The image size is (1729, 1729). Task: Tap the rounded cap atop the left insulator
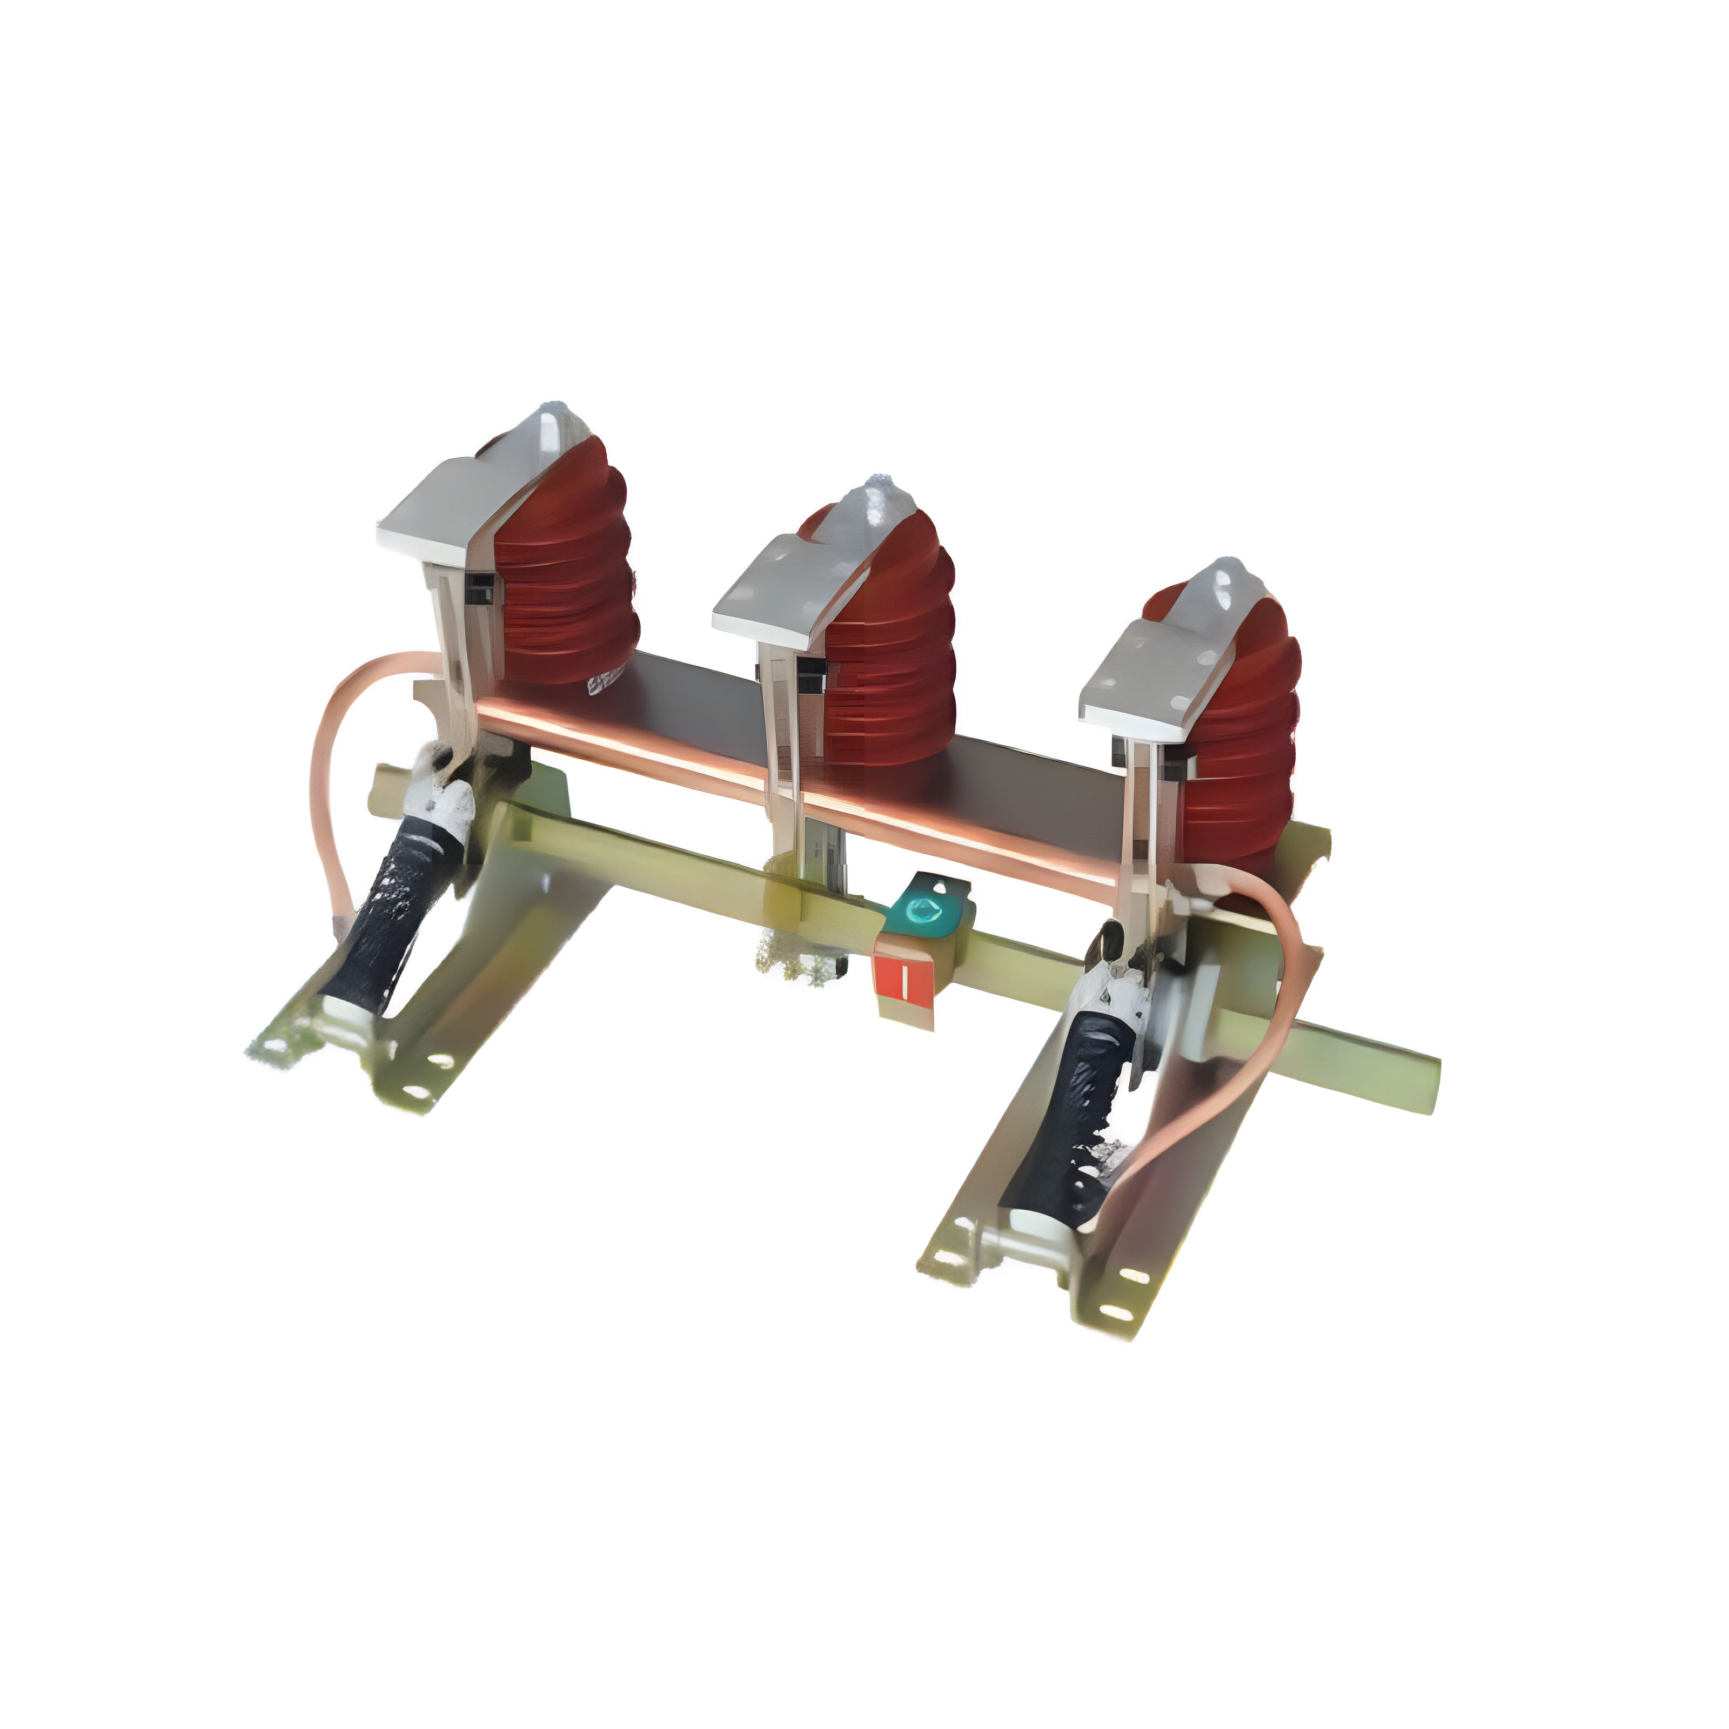point(557,428)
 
